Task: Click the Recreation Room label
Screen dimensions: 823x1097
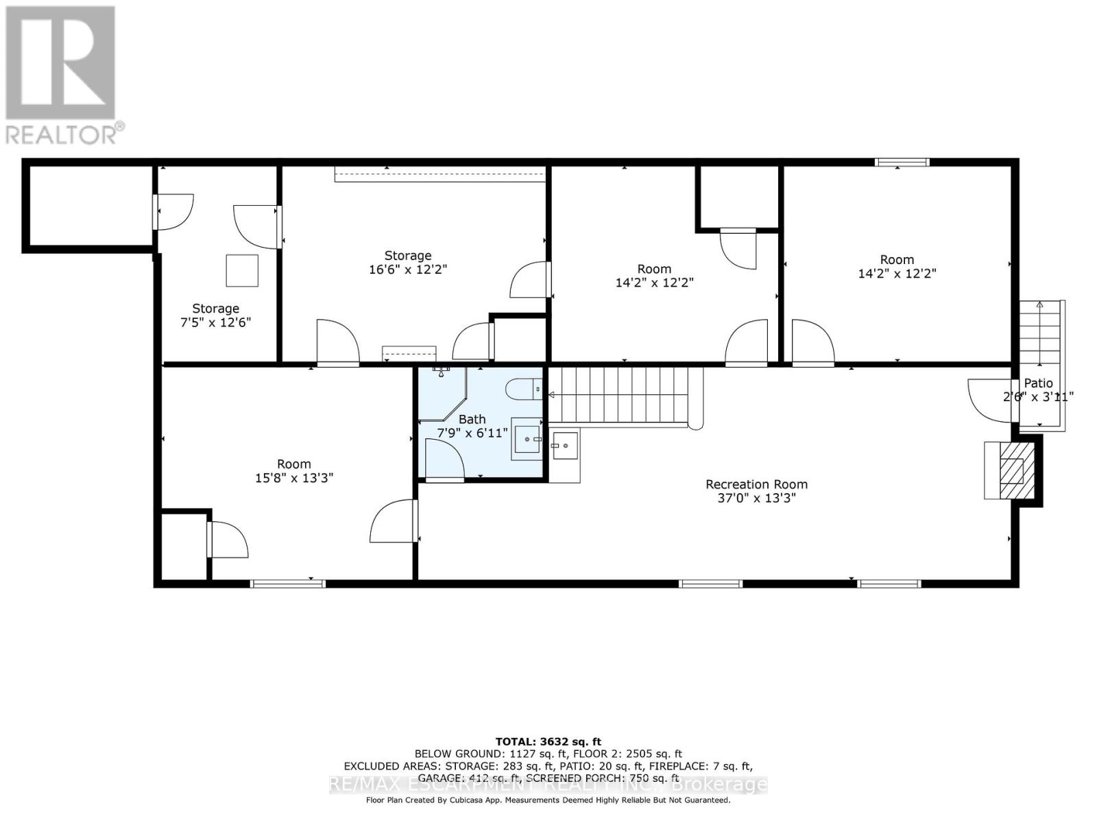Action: (756, 484)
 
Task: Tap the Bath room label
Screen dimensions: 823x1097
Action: (472, 419)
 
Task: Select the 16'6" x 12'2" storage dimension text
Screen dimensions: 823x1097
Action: (407, 270)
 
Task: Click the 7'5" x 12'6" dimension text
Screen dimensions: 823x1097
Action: (215, 322)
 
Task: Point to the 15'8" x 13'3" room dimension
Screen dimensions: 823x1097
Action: (293, 478)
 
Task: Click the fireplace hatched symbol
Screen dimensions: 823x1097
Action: (1011, 470)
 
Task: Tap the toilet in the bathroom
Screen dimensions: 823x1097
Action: (524, 390)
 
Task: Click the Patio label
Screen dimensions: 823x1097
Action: (1038, 383)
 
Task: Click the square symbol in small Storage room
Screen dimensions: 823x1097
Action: (242, 270)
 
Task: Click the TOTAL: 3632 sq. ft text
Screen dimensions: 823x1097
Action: (548, 741)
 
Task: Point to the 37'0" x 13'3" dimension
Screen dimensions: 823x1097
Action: (756, 498)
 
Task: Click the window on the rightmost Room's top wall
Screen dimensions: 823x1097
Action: (902, 163)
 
